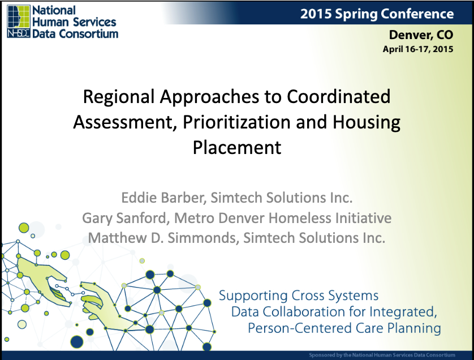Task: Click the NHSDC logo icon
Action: pyautogui.click(x=19, y=22)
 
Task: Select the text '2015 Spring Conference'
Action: pyautogui.click(x=377, y=14)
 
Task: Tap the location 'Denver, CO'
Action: pyautogui.click(x=421, y=35)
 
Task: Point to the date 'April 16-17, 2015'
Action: pyautogui.click(x=418, y=49)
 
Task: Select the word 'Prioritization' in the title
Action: pyautogui.click(x=236, y=122)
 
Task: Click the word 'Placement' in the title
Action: pyautogui.click(x=237, y=147)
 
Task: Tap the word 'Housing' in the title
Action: pyautogui.click(x=367, y=123)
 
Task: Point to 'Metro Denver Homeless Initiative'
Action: pyautogui.click(x=283, y=218)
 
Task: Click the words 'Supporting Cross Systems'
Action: pyautogui.click(x=299, y=295)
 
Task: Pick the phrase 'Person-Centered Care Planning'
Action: pyautogui.click(x=344, y=328)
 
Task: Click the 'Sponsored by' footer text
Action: pyautogui.click(x=382, y=355)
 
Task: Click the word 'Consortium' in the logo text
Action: pyautogui.click(x=88, y=33)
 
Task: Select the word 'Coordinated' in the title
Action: pyautogui.click(x=338, y=97)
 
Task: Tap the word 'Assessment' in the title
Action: pyautogui.click(x=124, y=122)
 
